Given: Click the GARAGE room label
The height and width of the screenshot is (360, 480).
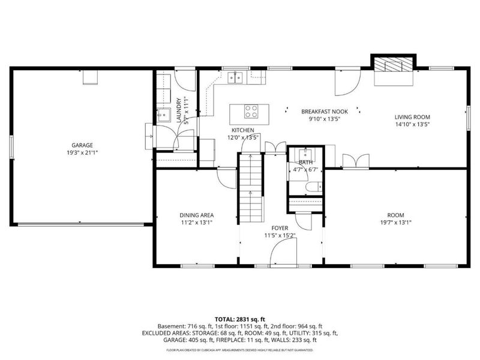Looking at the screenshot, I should [82, 145].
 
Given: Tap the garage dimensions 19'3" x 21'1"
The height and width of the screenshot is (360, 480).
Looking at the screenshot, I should [82, 152].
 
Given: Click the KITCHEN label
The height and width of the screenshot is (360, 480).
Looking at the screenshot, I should [243, 130].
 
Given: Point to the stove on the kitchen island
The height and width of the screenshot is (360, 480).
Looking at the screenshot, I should [251, 110].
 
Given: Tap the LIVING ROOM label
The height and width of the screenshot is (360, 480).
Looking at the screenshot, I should [412, 117].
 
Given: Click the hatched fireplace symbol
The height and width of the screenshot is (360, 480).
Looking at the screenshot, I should [393, 64].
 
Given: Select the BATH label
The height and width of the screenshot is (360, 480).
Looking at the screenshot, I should [306, 162].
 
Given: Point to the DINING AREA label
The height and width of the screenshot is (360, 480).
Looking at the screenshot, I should [197, 215].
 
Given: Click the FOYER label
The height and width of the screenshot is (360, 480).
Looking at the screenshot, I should [280, 228].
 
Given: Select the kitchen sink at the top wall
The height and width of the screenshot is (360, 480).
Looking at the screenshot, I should [238, 76].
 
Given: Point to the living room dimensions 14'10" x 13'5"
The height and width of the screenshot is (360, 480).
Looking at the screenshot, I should [412, 124].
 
